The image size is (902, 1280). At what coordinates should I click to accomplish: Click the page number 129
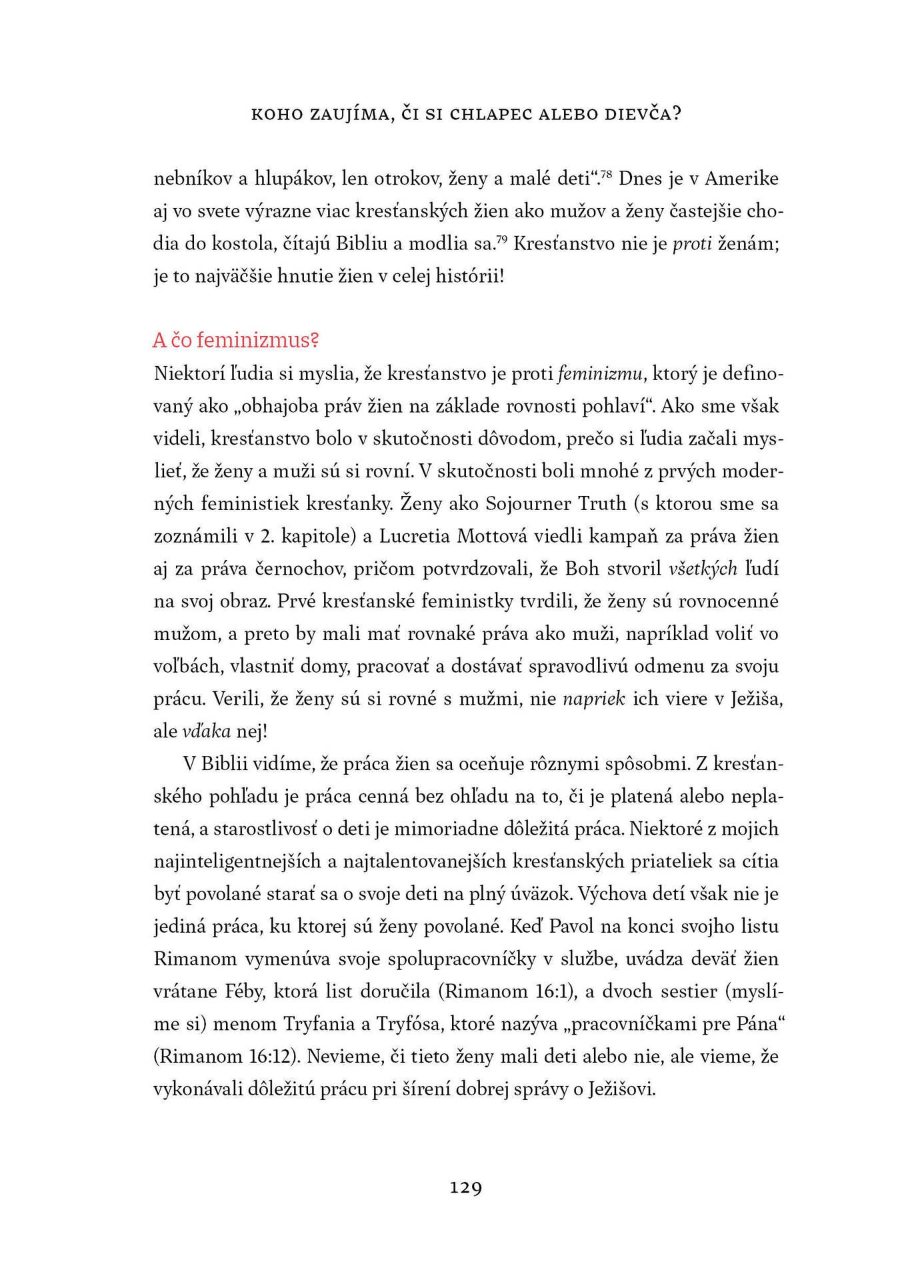465,1187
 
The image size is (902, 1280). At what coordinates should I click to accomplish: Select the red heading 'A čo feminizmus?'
235,340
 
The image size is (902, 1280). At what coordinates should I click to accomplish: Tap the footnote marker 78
606,175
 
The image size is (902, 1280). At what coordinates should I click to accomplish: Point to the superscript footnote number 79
502,239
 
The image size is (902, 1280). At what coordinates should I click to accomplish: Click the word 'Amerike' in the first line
741,179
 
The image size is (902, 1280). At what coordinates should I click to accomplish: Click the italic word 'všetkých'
703,569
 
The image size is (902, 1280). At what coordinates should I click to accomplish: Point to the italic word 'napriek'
594,699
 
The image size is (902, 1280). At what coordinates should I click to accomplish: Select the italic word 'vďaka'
206,731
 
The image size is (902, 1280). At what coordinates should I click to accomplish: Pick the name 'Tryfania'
320,1024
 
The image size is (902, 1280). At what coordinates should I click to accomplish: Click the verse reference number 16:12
273,1057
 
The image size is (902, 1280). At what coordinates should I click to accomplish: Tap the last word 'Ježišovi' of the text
621,1089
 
